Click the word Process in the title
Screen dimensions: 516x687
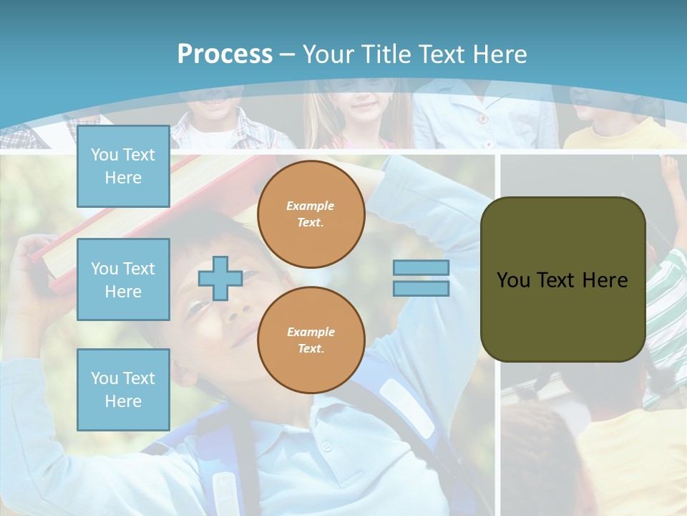pyautogui.click(x=225, y=54)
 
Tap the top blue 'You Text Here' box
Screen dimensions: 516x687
pyautogui.click(x=123, y=166)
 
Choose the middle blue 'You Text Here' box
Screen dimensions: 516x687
pyautogui.click(x=123, y=279)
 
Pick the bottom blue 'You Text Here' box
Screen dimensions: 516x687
pyautogui.click(x=123, y=389)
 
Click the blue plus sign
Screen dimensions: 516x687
pyautogui.click(x=220, y=278)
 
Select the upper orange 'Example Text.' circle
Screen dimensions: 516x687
pyautogui.click(x=311, y=214)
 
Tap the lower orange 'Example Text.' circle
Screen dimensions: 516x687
pyautogui.click(x=311, y=340)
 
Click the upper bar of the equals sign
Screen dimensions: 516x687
pyautogui.click(x=421, y=268)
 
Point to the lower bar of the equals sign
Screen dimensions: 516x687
pyautogui.click(x=421, y=289)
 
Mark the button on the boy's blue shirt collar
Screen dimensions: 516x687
pyautogui.click(x=326, y=446)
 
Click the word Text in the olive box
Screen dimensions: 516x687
pyautogui.click(x=557, y=279)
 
